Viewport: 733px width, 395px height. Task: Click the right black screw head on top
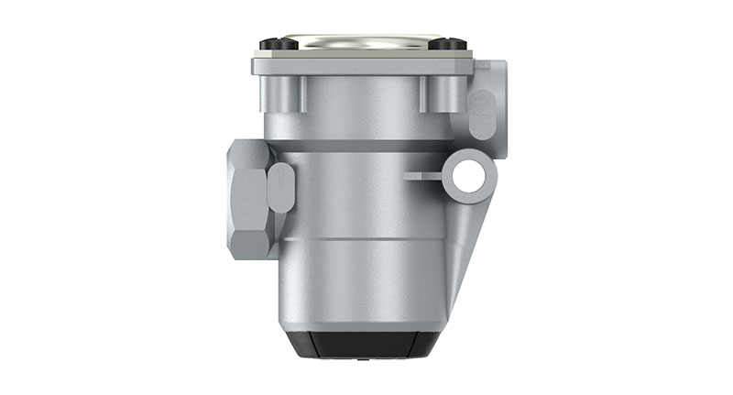click(x=446, y=44)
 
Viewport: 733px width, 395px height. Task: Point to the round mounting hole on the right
click(x=469, y=174)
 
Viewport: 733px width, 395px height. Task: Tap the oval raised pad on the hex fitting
click(x=281, y=187)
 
